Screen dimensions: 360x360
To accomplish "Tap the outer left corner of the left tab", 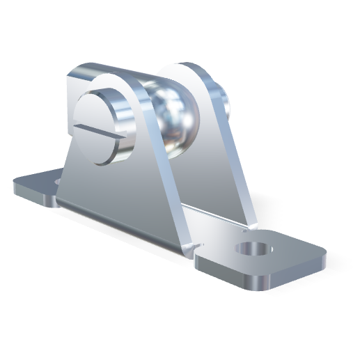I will (x=15, y=187).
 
